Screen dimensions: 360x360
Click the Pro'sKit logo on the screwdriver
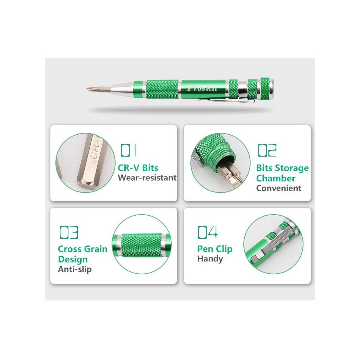click(x=202, y=88)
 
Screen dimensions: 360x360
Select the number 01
click(x=129, y=150)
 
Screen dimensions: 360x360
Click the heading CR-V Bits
click(x=138, y=168)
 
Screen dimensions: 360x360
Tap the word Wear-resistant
click(x=147, y=178)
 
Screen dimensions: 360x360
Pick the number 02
click(x=267, y=150)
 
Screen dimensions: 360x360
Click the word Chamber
click(x=276, y=179)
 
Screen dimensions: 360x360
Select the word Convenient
click(x=279, y=188)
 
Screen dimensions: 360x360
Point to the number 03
click(x=69, y=232)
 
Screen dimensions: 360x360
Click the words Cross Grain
click(x=83, y=249)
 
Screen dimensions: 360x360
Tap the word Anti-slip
click(x=75, y=269)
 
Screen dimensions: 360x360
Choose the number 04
click(x=208, y=232)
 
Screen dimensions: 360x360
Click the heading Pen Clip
click(x=215, y=249)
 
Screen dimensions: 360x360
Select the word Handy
click(x=210, y=259)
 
